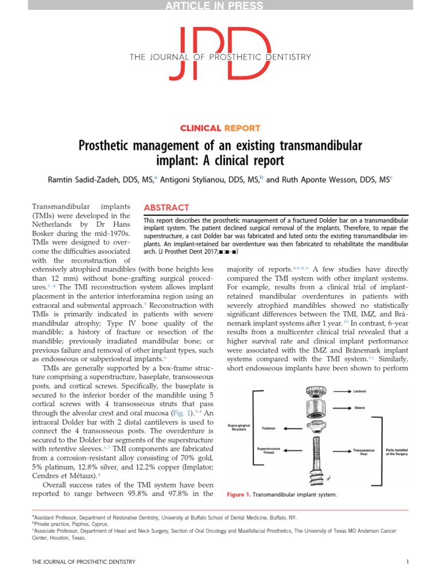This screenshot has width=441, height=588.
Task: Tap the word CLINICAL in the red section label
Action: click(200, 129)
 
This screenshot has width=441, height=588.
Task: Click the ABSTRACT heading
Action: click(166, 207)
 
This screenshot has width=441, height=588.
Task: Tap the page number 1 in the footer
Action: click(407, 561)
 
